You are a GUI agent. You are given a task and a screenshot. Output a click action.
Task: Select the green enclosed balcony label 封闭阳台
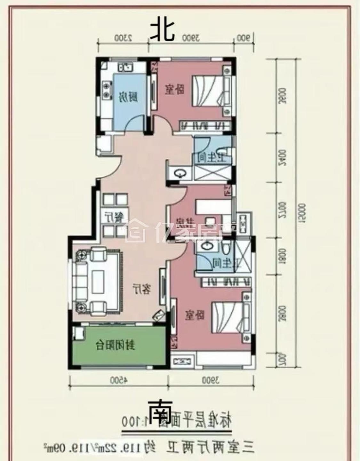pos(116,346)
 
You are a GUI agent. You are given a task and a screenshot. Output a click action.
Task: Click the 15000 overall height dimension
pos(301,212)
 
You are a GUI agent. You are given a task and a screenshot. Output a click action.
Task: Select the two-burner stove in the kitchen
pos(105,90)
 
